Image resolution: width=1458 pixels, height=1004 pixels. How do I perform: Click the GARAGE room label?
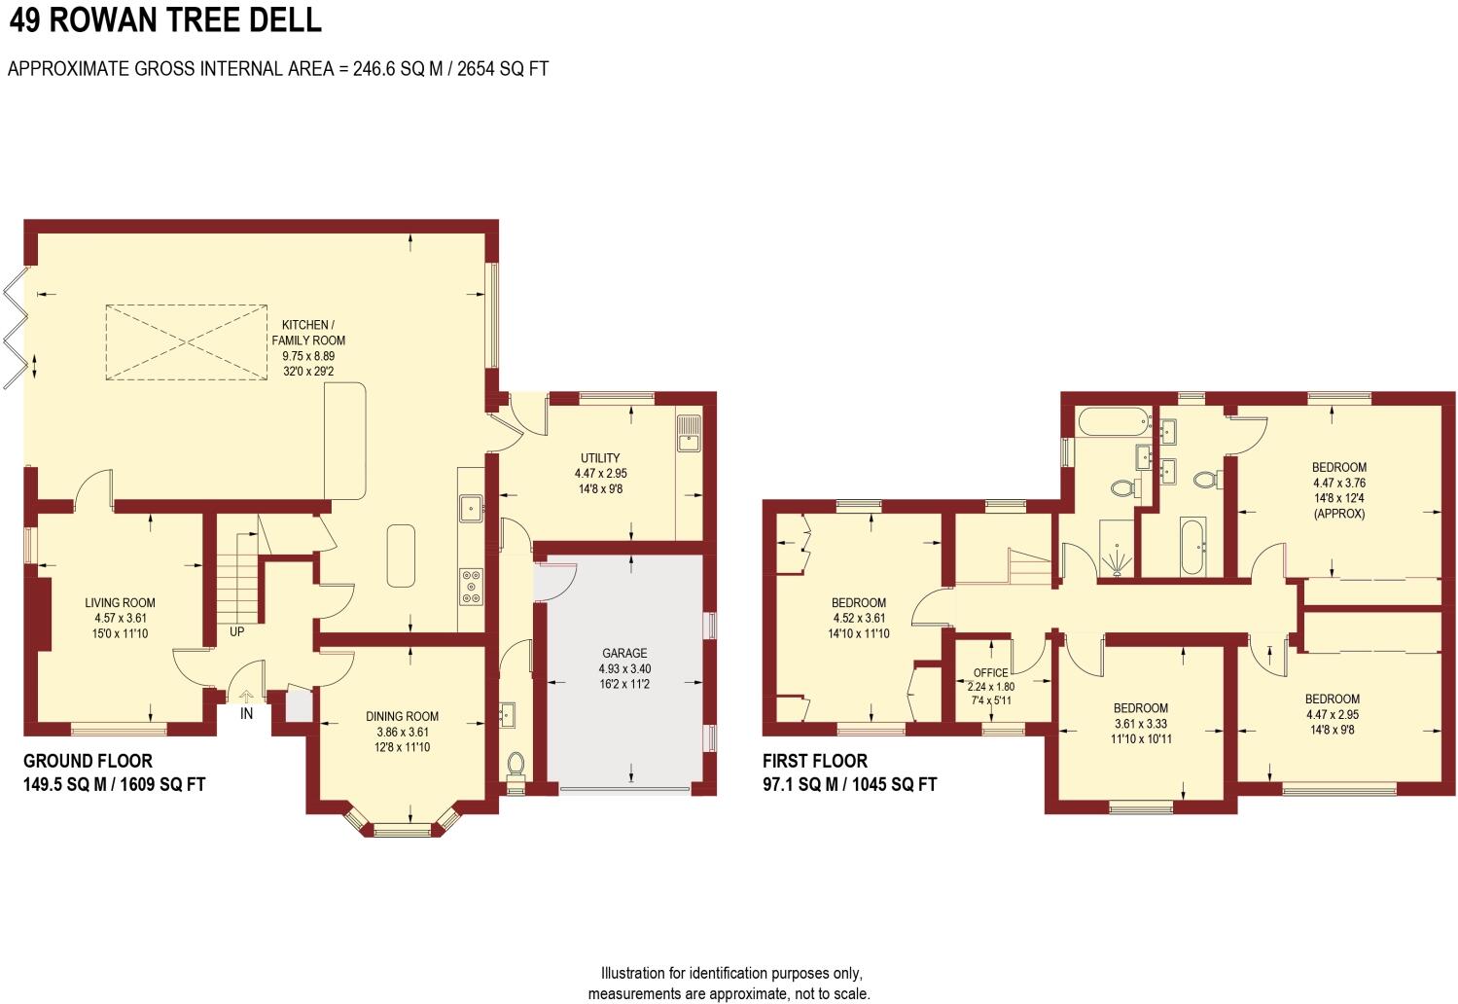coord(623,653)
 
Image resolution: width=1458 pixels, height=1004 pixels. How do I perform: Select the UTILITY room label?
coord(600,457)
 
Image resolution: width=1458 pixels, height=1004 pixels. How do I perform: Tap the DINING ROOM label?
coord(402,716)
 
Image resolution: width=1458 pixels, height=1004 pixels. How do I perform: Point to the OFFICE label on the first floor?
coord(990,672)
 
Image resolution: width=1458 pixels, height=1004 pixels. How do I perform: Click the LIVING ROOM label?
coord(120,602)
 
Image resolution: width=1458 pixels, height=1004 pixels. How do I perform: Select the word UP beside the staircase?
coord(236,631)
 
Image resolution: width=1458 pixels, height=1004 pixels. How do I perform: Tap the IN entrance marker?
coord(246,713)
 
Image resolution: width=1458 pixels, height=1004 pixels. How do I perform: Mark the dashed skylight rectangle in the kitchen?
coord(186,341)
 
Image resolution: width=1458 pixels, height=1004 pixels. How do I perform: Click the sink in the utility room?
coord(689,433)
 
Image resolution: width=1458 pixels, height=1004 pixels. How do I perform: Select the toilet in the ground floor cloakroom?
coord(516,765)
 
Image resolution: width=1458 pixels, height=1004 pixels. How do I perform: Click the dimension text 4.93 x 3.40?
coord(623,668)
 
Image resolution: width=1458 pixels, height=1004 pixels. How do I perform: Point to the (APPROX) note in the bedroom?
coord(1338,513)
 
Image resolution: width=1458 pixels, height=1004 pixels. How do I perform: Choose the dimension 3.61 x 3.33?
coord(1140,724)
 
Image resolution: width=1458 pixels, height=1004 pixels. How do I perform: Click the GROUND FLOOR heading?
coord(88,761)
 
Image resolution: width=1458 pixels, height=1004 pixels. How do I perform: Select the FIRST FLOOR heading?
coord(814,761)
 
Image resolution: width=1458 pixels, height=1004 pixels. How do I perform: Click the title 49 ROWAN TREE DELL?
coord(164,19)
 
